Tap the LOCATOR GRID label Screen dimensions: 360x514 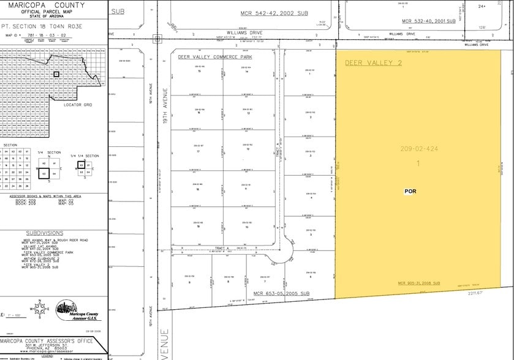coord(77,105)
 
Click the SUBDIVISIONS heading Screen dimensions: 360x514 coord(44,233)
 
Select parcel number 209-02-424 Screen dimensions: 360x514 coord(418,148)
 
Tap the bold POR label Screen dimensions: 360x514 coord(410,191)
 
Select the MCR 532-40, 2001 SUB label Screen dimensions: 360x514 coord(429,21)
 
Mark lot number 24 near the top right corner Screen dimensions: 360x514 coord(482,6)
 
